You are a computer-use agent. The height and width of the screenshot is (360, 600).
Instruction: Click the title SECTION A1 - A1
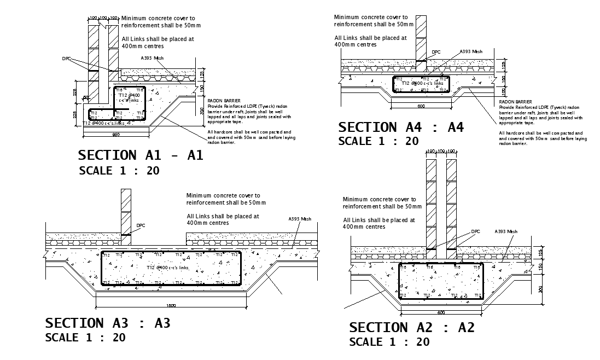pyautogui.click(x=141, y=155)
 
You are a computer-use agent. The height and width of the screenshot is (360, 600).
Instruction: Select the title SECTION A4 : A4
pyautogui.click(x=401, y=127)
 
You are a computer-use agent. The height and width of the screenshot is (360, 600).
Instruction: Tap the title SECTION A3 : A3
pyautogui.click(x=108, y=323)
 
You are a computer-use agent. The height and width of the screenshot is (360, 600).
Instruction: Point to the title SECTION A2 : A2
pyautogui.click(x=412, y=328)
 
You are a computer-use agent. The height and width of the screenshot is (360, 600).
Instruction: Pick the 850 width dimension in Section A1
pyautogui.click(x=116, y=134)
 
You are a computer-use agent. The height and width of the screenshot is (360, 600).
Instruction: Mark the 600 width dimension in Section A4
pyautogui.click(x=421, y=106)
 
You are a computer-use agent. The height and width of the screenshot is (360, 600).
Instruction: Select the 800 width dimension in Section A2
pyautogui.click(x=441, y=312)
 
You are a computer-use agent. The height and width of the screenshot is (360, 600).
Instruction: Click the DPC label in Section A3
pyautogui.click(x=141, y=225)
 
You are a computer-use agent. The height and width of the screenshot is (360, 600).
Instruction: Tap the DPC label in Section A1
pyautogui.click(x=67, y=59)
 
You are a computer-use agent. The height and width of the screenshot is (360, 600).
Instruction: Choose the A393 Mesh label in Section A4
pyautogui.click(x=471, y=51)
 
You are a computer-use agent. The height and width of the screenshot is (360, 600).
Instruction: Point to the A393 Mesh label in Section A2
pyautogui.click(x=505, y=231)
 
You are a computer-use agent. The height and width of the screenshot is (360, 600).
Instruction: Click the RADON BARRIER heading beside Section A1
pyautogui.click(x=220, y=101)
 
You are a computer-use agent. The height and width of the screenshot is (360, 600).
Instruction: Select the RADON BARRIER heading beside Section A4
pyautogui.click(x=515, y=102)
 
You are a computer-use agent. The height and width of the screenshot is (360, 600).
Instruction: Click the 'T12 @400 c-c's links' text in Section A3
pyautogui.click(x=167, y=268)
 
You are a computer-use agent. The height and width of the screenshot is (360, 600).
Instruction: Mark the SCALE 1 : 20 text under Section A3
pyautogui.click(x=85, y=338)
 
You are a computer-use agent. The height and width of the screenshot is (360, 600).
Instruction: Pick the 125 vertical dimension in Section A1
pyautogui.click(x=202, y=73)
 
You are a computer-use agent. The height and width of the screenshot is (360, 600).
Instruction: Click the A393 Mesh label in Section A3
pyautogui.click(x=299, y=219)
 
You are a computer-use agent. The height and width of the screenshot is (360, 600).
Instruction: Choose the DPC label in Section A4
pyautogui.click(x=436, y=53)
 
